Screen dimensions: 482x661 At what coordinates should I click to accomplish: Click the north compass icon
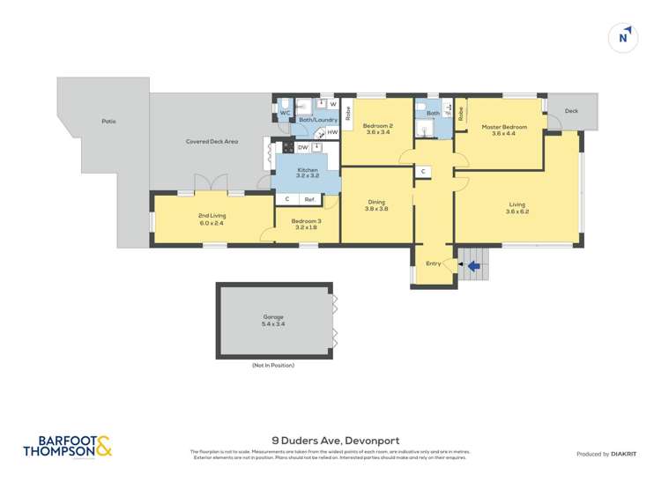[623, 38]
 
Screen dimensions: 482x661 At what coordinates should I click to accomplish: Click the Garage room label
[273, 320]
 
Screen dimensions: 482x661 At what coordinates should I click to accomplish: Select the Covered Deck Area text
[212, 141]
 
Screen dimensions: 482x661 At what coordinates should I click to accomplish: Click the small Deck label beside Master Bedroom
[571, 111]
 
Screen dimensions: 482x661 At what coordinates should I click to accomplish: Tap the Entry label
[433, 263]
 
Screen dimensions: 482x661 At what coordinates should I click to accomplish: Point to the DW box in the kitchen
[302, 147]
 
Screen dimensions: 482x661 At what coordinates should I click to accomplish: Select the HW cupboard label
[332, 132]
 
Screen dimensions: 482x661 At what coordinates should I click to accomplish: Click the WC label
[285, 114]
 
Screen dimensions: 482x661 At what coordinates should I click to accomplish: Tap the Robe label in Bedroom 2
[348, 112]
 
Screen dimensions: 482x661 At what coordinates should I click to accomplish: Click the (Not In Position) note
[273, 365]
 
